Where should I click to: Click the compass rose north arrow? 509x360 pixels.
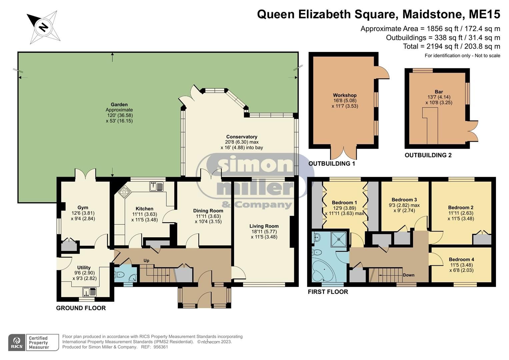tap(43, 27)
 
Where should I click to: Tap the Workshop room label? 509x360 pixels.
tap(345, 95)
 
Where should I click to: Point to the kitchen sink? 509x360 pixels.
tap(156, 186)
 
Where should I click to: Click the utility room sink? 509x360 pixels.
tap(89, 292)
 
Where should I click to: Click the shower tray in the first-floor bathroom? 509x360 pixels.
tap(338, 239)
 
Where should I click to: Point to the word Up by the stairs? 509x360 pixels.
tap(146, 260)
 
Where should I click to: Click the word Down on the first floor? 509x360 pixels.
tap(408, 275)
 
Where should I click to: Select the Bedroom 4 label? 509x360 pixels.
tap(461, 259)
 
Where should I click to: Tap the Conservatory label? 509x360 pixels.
tap(242, 137)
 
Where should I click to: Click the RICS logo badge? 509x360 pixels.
tap(17, 343)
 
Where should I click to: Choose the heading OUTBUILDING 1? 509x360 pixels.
tap(332, 164)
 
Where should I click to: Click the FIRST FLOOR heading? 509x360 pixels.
tap(328, 292)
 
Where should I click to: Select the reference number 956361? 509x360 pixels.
tap(160, 347)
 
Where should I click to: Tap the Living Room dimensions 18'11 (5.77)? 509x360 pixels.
tap(264, 232)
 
